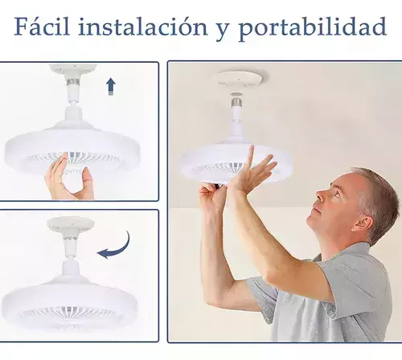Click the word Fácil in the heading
[x=42, y=26]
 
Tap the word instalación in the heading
[x=143, y=26]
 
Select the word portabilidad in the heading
[x=313, y=28]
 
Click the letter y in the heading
[x=224, y=31]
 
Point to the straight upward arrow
[x=111, y=86]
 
